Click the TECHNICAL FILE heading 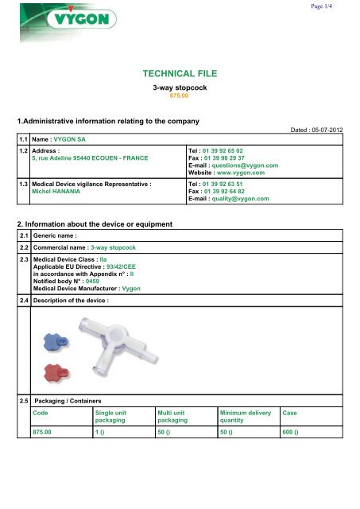[179, 73]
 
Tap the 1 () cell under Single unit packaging [102, 432]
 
